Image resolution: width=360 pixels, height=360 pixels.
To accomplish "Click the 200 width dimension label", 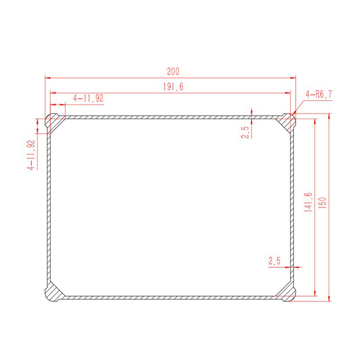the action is [173, 72].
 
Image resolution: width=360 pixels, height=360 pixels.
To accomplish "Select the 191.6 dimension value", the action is [173, 86].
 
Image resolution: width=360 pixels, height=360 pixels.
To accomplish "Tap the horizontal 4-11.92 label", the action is [88, 98].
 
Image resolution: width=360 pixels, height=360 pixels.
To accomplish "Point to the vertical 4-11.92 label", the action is [31, 155].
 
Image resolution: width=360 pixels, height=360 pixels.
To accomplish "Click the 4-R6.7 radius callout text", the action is [319, 94].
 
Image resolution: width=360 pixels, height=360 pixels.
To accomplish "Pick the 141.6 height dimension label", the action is [308, 202].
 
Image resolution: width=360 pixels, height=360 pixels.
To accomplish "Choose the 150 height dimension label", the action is [323, 203].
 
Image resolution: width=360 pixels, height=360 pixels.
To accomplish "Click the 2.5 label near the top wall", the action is [245, 132].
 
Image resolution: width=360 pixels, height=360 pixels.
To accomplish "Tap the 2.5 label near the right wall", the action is [274, 261].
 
